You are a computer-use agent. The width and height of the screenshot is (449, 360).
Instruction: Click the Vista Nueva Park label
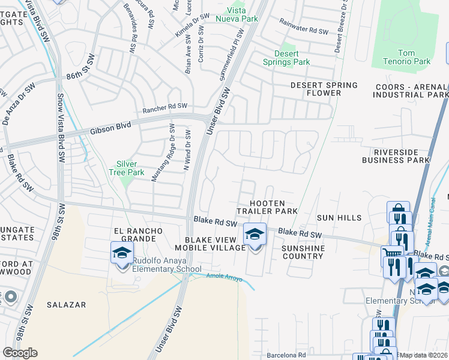pos(241,15)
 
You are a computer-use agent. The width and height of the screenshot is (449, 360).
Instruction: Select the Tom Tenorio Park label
pos(406,57)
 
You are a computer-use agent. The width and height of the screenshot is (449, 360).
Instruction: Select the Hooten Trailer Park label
pos(267,208)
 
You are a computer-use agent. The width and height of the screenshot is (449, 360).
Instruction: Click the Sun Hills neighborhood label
pos(340,218)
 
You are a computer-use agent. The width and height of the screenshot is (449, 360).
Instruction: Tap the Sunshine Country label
pos(303,252)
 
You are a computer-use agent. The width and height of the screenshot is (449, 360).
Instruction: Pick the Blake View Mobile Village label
pos(207,243)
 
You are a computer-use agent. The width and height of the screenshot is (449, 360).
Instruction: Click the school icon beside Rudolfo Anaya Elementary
pos(122,253)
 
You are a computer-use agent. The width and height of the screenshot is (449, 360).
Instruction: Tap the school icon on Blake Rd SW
pos(255,234)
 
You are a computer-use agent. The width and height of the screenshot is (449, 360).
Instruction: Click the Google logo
pos(20,353)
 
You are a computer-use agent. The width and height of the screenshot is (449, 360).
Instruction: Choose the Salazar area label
pos(67,305)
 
